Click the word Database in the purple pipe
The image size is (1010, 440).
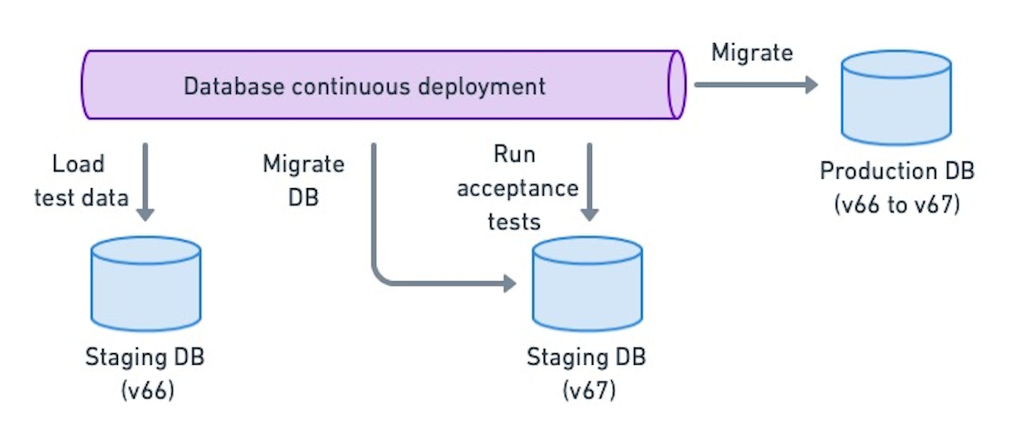click(235, 87)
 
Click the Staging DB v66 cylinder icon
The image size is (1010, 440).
click(146, 284)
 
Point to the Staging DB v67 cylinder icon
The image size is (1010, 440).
click(587, 284)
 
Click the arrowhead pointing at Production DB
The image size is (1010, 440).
click(812, 85)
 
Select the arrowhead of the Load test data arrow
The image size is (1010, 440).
click(145, 214)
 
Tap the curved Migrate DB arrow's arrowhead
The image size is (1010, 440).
click(509, 283)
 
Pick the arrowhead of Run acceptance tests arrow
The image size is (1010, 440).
click(589, 214)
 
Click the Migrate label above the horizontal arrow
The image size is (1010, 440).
click(752, 53)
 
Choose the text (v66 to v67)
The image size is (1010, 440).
click(897, 204)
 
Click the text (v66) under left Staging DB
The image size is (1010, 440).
click(147, 391)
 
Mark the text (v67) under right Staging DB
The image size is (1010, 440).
click(589, 391)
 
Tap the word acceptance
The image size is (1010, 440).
click(518, 188)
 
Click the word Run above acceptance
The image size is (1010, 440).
click(514, 155)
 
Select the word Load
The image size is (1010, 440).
click(78, 164)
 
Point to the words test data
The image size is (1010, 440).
click(82, 198)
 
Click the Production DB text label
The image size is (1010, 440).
click(897, 171)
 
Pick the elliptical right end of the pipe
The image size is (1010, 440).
click(676, 85)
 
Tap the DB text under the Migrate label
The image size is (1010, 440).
click(304, 198)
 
